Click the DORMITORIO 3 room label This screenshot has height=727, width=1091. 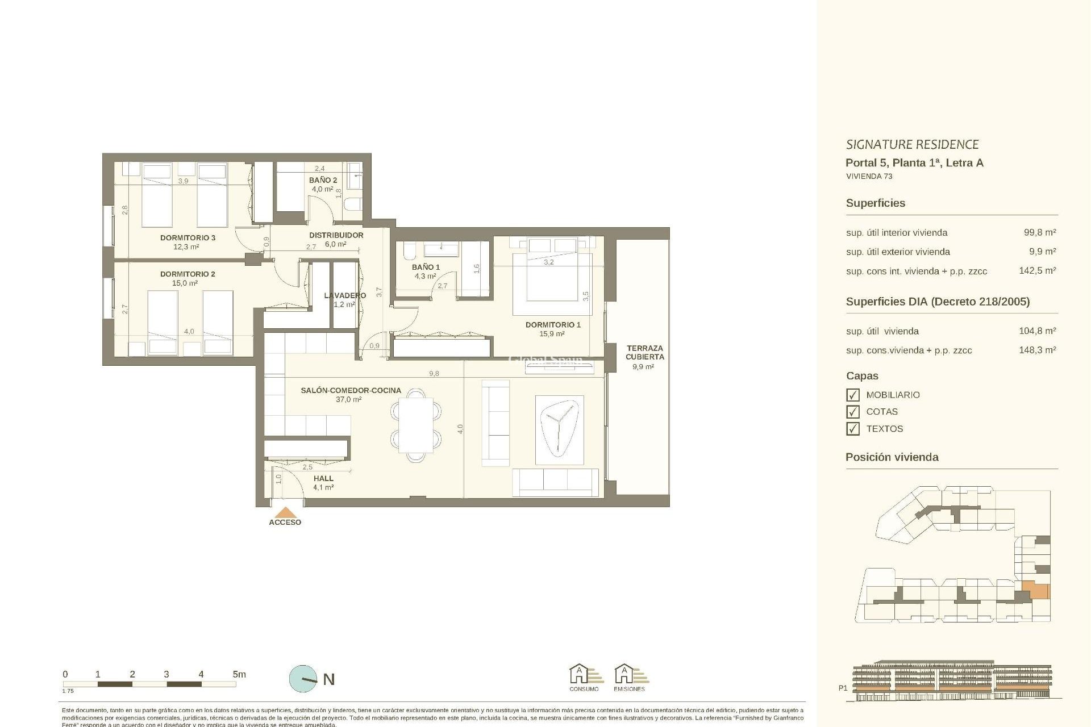click(188, 237)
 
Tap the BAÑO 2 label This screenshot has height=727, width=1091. click(323, 180)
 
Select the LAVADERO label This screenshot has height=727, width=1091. click(344, 295)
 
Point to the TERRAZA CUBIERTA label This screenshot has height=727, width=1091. click(644, 352)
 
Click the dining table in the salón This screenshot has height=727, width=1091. click(416, 425)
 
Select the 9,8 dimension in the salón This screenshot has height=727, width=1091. click(434, 374)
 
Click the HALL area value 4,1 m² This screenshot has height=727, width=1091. click(323, 487)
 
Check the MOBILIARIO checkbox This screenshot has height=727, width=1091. click(852, 395)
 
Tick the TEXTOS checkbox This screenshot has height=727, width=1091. click(852, 429)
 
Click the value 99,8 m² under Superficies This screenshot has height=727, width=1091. click(1039, 232)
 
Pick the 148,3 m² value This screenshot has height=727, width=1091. click(1037, 350)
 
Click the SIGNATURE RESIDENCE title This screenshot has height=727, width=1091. click(912, 144)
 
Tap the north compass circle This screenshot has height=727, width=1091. click(303, 679)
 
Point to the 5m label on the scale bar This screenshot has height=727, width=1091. click(239, 674)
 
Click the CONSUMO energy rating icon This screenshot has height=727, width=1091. click(584, 676)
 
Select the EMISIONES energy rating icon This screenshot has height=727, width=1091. click(629, 676)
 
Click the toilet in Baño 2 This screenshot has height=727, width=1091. click(353, 204)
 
